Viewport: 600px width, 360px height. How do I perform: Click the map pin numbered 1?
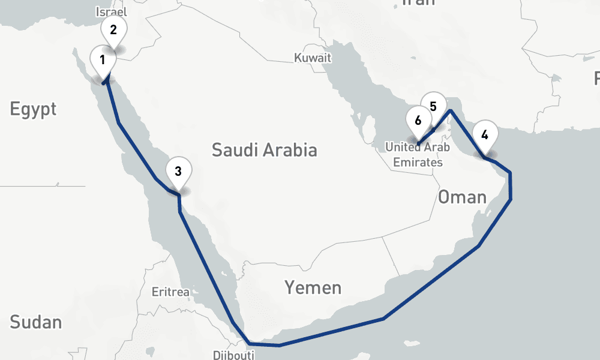[103, 61]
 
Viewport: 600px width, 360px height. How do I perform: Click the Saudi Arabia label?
[264, 149]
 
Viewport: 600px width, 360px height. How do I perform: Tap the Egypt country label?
[33, 109]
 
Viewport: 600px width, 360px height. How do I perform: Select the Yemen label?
[313, 288]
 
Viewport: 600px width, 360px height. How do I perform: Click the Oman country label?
[461, 197]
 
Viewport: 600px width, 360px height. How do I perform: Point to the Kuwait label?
[313, 58]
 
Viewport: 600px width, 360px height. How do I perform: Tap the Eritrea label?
[170, 292]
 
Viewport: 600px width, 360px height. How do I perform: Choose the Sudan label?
[35, 322]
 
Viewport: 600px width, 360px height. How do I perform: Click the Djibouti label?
[233, 355]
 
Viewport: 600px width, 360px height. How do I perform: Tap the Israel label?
[111, 11]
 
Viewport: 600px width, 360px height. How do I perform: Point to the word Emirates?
[418, 162]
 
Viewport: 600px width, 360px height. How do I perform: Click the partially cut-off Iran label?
[418, 2]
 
